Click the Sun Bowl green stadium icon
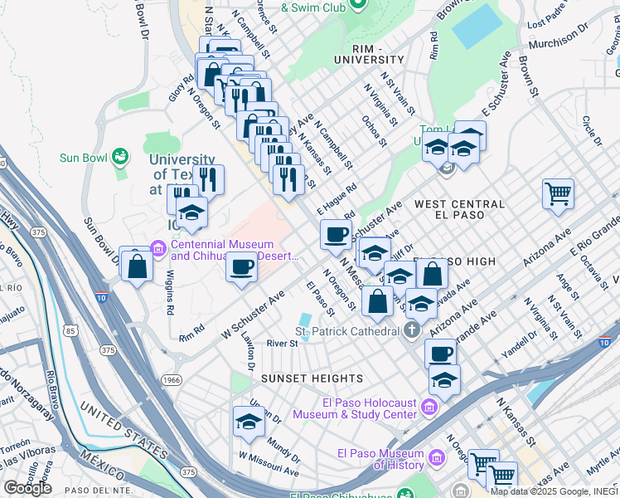pyautogui.click(x=121, y=156)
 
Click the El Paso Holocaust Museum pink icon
pyautogui.click(x=429, y=407)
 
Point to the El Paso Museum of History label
pyautogui.click(x=381, y=458)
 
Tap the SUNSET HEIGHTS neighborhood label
pyautogui.click(x=300, y=378)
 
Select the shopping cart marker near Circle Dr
pyautogui.click(x=558, y=194)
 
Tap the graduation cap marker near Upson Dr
pyautogui.click(x=248, y=422)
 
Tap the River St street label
pyautogui.click(x=281, y=343)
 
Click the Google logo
pyautogui.click(x=27, y=487)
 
